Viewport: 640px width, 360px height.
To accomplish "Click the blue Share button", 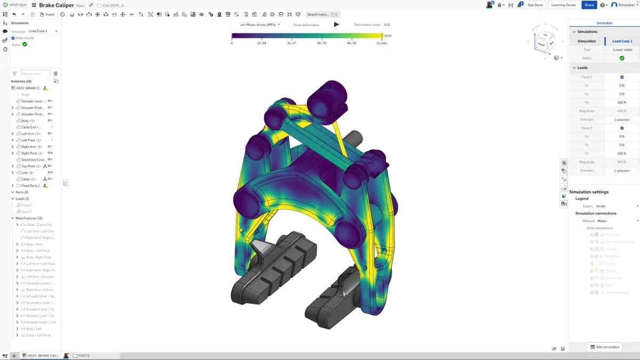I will click(x=589, y=5).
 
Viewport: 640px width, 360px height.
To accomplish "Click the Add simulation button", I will click(x=605, y=347).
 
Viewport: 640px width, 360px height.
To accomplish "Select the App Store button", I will click(x=535, y=5).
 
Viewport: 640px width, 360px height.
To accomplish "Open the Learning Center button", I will click(x=564, y=5).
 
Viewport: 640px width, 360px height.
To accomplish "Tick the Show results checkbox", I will click(x=13, y=38).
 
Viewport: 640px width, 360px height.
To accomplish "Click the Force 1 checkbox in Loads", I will click(x=622, y=77).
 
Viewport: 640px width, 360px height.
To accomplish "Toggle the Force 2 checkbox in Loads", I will click(x=622, y=128).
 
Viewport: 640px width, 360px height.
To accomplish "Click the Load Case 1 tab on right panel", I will click(x=622, y=41).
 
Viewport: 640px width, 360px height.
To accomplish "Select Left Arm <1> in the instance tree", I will click(x=30, y=134).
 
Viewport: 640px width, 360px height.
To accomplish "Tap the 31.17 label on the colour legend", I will click(x=292, y=43).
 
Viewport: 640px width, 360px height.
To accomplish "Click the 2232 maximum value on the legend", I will click(x=388, y=36).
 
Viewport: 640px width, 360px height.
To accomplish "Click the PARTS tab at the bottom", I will click(x=84, y=355).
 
